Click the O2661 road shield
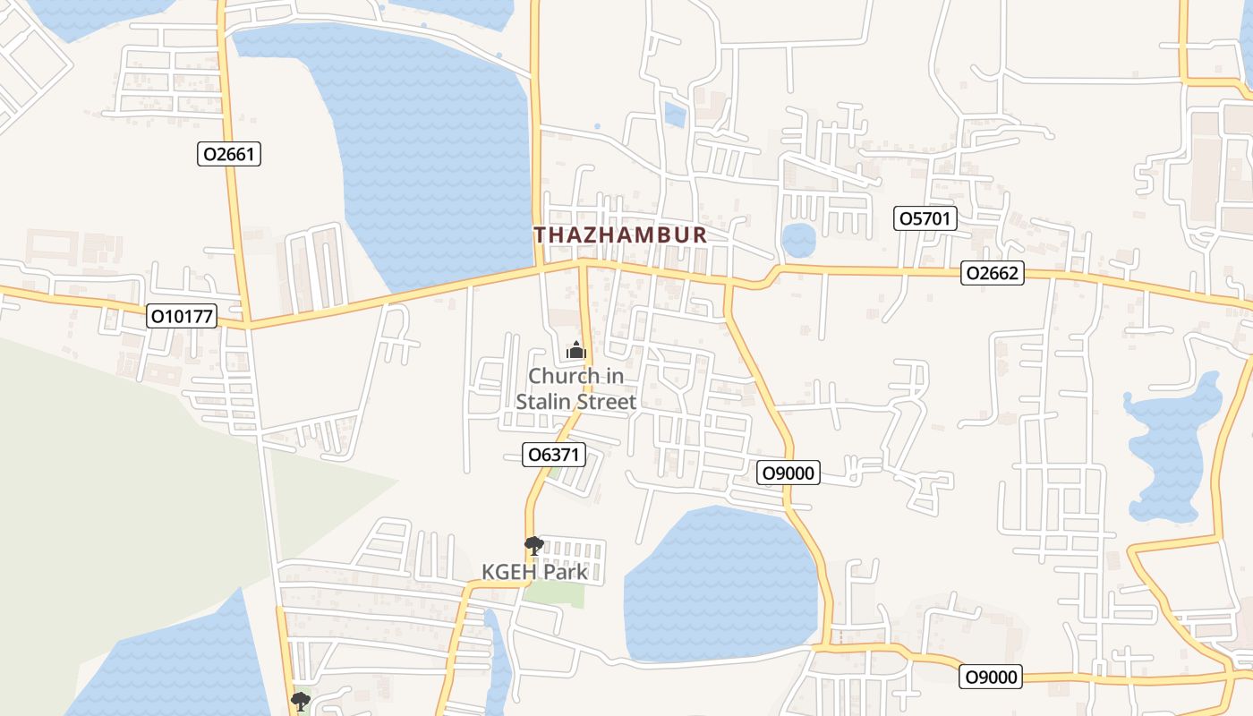coord(229,154)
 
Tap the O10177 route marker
coord(183,316)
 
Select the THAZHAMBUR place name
coord(620,235)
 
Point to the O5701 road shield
coord(926,218)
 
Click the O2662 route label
coord(992,273)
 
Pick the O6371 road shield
coord(554,455)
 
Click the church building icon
coord(575,350)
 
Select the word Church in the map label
coord(564,376)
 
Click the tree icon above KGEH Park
coord(533,545)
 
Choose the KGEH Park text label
coord(534,572)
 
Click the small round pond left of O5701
coord(798,240)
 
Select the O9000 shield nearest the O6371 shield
coord(788,473)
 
